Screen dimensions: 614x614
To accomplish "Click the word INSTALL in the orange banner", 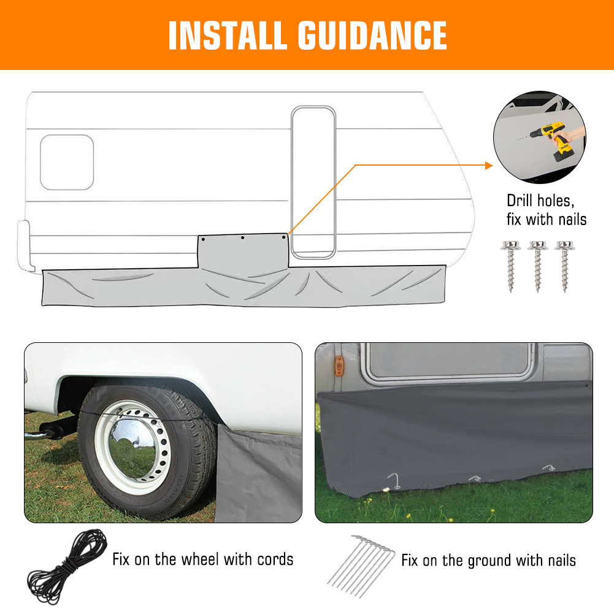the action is (227, 35).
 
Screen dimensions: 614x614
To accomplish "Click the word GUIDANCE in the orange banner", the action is (372, 35).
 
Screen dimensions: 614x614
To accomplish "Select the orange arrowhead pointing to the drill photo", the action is (489, 165).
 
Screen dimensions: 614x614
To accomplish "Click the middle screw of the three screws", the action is (537, 266).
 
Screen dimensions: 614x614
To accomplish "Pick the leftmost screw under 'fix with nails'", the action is (510, 266).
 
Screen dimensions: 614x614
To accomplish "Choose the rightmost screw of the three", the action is (564, 266).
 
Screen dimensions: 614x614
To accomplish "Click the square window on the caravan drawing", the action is (67, 163).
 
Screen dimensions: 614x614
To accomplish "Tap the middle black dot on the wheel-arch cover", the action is (243, 238).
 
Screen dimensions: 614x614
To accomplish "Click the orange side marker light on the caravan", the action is (339, 366).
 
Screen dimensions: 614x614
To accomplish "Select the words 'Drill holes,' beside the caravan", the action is (540, 201).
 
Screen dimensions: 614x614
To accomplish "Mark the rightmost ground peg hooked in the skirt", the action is (549, 467).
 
